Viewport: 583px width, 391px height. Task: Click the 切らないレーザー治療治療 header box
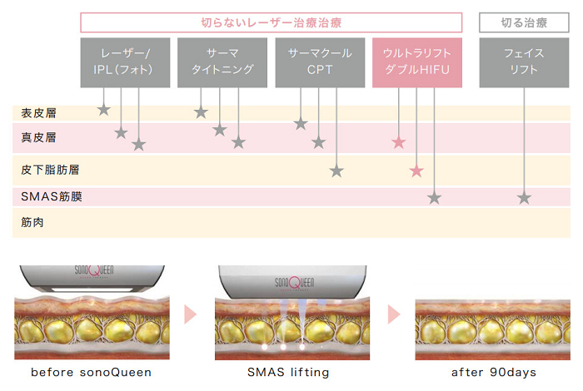point(272,22)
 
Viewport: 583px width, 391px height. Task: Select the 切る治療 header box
point(523,22)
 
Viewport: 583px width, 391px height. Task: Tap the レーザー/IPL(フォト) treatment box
point(126,62)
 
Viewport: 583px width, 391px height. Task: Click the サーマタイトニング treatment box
point(221,62)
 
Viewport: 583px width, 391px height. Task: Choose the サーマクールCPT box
point(320,62)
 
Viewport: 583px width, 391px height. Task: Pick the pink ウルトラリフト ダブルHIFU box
point(416,62)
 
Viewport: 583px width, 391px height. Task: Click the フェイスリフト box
point(524,62)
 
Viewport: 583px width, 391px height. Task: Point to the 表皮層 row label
point(39,112)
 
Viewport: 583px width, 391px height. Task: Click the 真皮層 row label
point(39,136)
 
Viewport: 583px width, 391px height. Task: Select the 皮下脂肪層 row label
point(45,170)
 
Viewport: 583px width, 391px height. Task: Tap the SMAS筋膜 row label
point(52,197)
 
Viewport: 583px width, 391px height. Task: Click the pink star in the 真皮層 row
point(399,142)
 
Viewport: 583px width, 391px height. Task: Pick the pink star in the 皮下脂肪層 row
point(416,171)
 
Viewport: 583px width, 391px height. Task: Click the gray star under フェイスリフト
point(524,198)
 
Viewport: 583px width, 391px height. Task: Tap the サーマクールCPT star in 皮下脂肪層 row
point(336,171)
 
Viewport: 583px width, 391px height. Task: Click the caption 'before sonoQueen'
point(92,372)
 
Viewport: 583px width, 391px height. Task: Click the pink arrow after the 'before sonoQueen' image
point(191,314)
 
